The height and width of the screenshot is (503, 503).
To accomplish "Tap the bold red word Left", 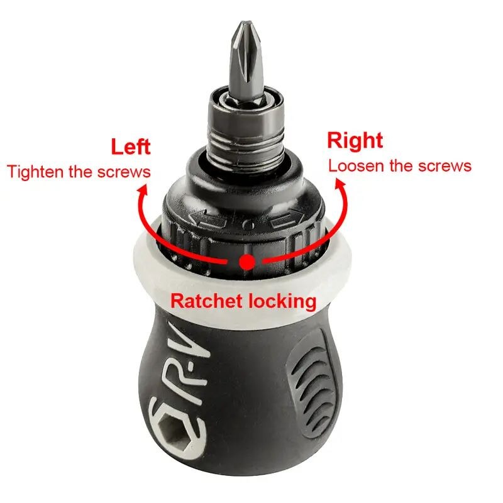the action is [x=131, y=147].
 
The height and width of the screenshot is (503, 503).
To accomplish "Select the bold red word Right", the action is [x=355, y=140].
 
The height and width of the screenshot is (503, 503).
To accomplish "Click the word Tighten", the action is [x=35, y=172].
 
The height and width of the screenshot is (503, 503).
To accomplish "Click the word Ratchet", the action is [x=206, y=301].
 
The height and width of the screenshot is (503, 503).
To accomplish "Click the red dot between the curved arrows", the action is [x=246, y=262].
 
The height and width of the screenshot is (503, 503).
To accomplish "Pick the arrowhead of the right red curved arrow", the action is [x=340, y=185].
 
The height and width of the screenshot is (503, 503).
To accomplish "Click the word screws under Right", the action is [x=445, y=166].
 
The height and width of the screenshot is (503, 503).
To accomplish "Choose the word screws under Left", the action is [x=124, y=172].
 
